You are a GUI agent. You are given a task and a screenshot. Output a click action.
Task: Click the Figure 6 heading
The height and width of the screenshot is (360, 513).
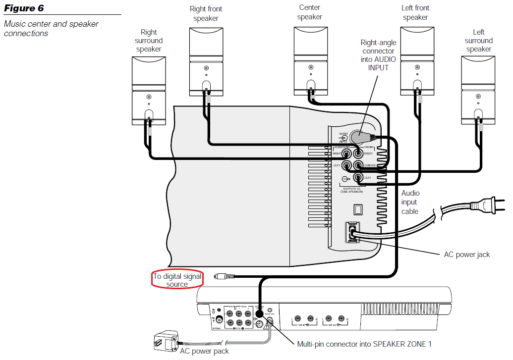pos(24,8)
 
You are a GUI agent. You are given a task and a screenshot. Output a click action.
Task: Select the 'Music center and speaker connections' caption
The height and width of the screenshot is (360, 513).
pos(51,29)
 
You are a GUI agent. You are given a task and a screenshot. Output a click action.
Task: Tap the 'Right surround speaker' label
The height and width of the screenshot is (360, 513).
pos(149,41)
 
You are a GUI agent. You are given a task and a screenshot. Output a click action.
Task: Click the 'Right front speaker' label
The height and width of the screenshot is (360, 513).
pos(206,13)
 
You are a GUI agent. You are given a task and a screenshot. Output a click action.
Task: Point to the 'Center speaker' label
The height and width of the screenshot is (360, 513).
pos(310,12)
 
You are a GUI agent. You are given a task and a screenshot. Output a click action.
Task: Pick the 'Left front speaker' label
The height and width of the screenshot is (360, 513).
pos(415,13)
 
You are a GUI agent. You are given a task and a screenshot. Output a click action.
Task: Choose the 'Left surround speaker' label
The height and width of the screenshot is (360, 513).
pos(478,41)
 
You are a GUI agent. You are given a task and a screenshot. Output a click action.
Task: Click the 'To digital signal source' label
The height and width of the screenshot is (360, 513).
pos(177,280)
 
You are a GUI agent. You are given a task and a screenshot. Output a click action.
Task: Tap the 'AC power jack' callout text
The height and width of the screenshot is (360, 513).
pos(466,255)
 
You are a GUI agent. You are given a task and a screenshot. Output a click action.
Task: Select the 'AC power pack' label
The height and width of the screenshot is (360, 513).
pos(204,352)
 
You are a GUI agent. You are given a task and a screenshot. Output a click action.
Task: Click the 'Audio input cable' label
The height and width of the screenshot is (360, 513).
pos(410,202)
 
